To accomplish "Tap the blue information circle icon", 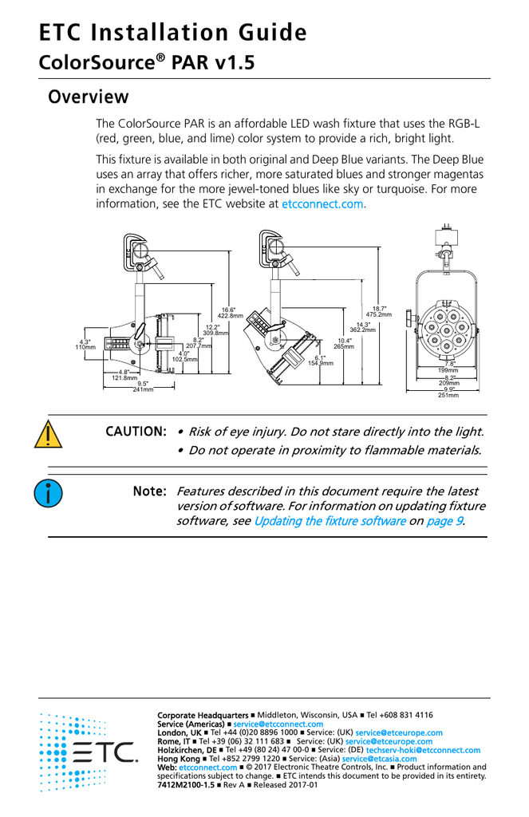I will pos(48,493).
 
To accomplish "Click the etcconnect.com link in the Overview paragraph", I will pos(323,204).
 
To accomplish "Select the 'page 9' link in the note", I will pos(444,521).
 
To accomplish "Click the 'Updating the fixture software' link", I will pos(330,521).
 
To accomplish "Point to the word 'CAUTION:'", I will pos(136,432).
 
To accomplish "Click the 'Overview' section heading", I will pos(88,97).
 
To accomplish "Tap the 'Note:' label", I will pos(149,491).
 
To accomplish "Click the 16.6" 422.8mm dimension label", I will pos(230,313).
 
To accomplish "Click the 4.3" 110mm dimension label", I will pos(85,345).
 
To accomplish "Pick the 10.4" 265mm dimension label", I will pos(343,344).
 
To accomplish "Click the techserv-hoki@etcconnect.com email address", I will pos(423,750).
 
